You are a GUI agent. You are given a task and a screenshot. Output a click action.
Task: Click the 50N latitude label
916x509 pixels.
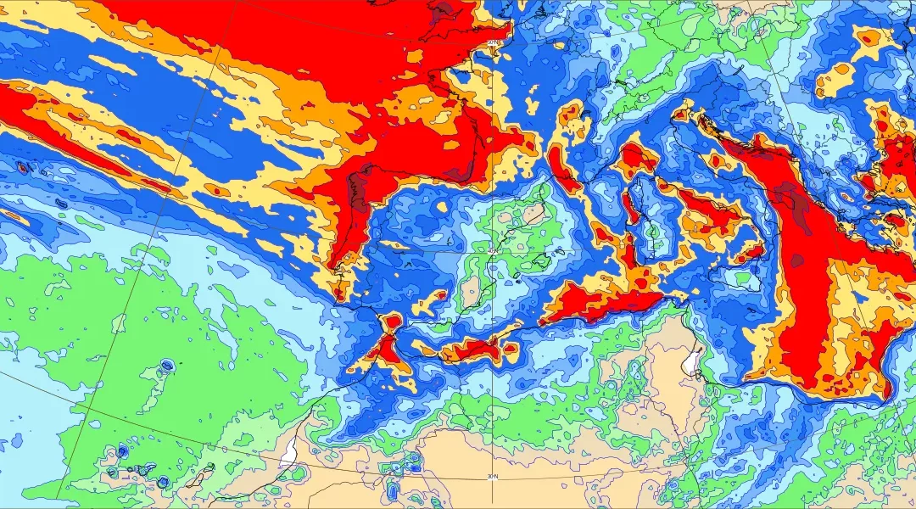tap(494, 42)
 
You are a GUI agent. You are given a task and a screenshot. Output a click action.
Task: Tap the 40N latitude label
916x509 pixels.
tap(493, 249)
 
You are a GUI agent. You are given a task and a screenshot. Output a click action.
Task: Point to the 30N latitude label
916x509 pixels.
tap(492, 476)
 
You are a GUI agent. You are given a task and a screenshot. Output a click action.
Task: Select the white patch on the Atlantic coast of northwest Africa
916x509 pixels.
tap(291, 449)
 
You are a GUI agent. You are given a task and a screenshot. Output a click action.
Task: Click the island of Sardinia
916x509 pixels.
tap(652, 239)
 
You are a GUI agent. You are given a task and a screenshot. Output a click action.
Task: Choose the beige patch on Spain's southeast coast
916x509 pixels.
tap(471, 293)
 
